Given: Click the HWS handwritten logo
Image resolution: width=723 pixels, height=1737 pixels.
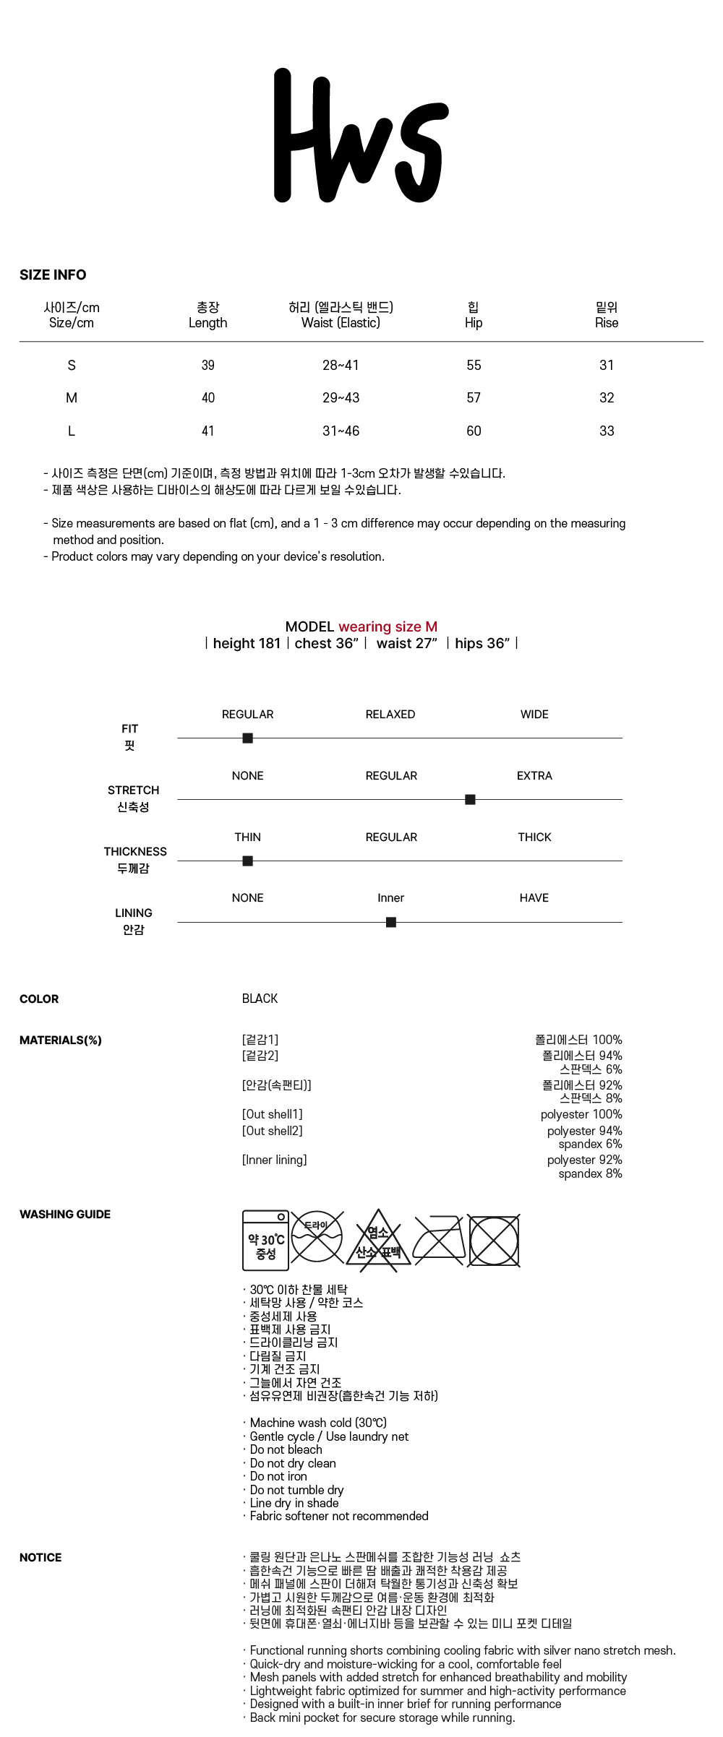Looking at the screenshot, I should (x=360, y=136).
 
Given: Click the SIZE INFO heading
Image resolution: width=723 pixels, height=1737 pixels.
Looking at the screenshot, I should (x=53, y=275).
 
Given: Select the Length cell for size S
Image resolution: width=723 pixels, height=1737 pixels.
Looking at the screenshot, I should (x=208, y=366).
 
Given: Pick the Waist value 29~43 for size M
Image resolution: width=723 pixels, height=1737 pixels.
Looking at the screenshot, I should (x=341, y=398).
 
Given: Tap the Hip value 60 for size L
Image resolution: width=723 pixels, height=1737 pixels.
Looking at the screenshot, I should (x=474, y=431).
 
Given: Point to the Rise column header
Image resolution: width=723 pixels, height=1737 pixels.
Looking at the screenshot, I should (x=607, y=316).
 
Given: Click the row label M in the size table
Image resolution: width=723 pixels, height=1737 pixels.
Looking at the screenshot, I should (x=72, y=398).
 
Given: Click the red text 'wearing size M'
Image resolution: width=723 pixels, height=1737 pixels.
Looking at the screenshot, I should (x=388, y=626).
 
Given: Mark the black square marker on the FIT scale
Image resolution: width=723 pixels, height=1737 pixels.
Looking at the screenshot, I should (x=248, y=738).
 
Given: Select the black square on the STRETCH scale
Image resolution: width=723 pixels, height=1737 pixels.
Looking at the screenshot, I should (x=470, y=799).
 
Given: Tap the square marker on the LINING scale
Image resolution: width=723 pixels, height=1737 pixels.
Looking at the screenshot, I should (x=391, y=922).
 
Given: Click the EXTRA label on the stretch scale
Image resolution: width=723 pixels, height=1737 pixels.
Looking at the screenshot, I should (x=534, y=776).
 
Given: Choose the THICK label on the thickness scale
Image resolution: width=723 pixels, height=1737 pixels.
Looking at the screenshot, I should (x=534, y=837).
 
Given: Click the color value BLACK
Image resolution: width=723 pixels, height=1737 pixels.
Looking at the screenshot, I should (x=260, y=999).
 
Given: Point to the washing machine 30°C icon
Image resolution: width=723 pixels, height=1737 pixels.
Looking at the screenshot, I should (x=266, y=1241).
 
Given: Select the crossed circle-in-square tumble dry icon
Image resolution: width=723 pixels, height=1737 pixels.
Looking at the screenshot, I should (x=494, y=1241).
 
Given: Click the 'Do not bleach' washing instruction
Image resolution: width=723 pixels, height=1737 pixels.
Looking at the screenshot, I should (x=286, y=1449).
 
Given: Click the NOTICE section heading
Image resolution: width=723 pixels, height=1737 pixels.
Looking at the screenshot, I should (x=40, y=1557).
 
